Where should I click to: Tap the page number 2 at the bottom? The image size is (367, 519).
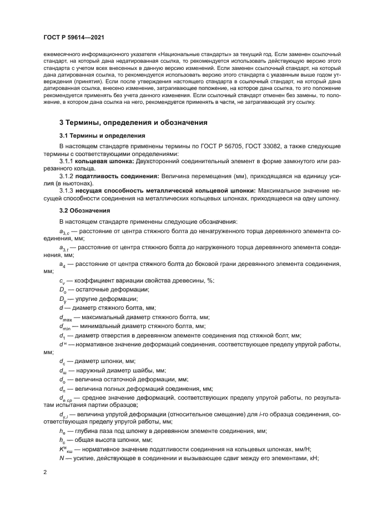pos(44,472)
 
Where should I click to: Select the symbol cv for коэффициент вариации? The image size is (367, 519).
pos(62,281)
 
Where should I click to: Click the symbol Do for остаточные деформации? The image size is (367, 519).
pos(63,290)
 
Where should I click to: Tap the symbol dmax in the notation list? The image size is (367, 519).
pos(66,318)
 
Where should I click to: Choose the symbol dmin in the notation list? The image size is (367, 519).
pos(65,326)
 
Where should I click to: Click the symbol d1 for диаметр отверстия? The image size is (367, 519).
pos(62,336)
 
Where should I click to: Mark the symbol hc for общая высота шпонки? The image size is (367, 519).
pos(62,440)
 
